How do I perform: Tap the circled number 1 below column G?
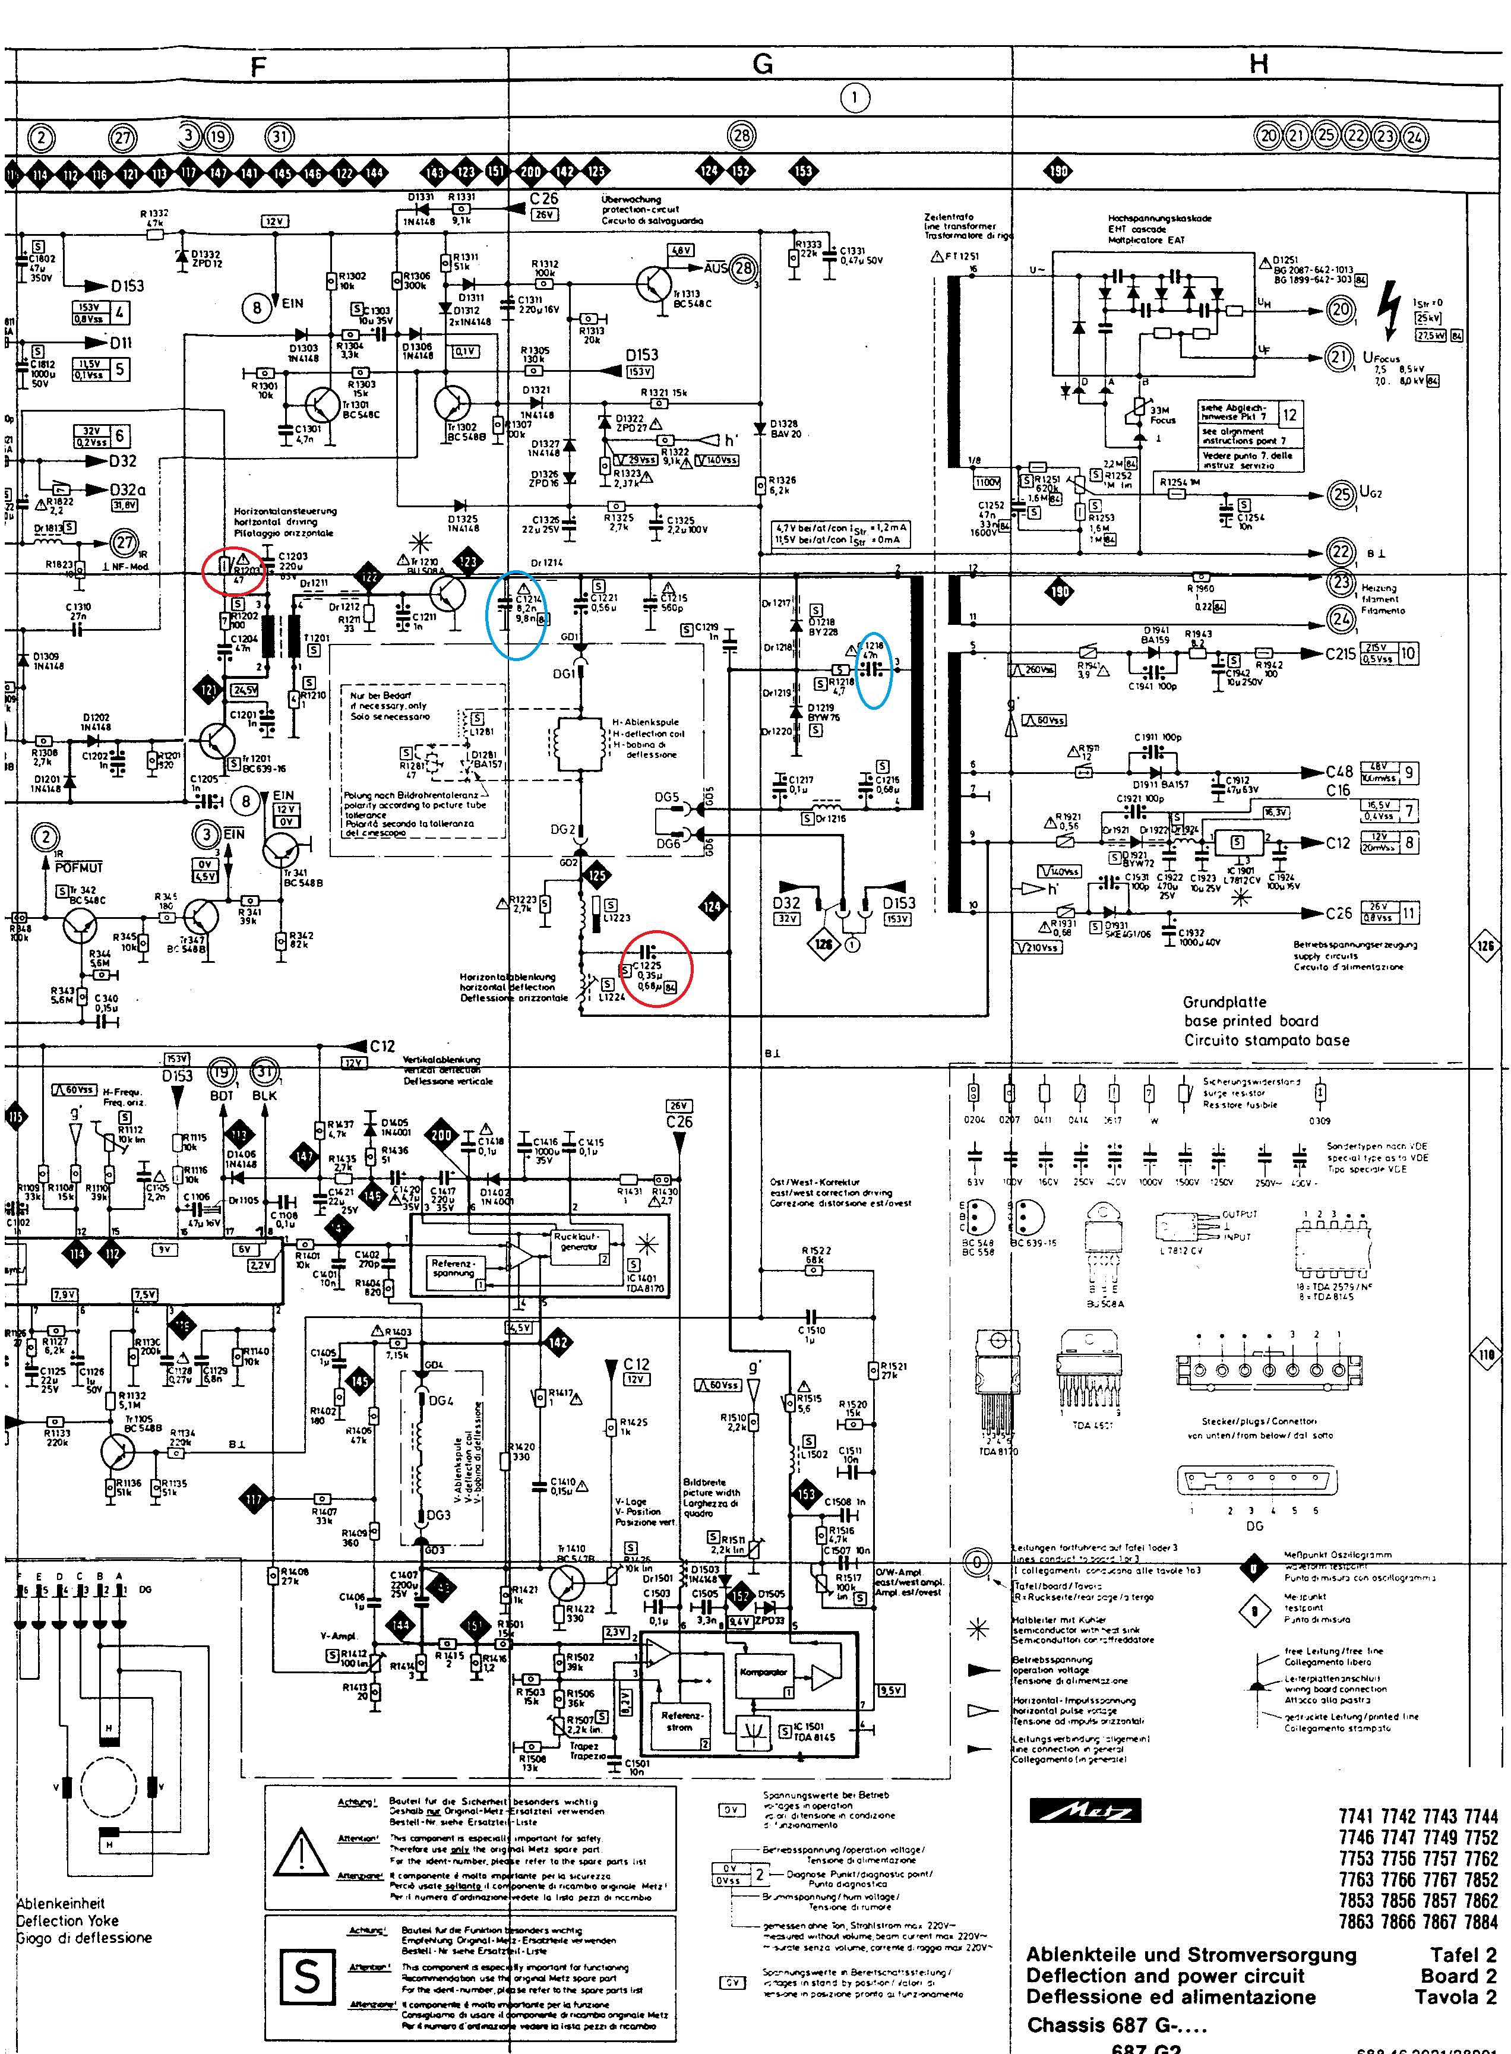[854, 98]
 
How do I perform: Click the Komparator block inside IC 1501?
[763, 1671]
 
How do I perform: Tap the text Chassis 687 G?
[1116, 2024]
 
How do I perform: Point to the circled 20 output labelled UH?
[1340, 309]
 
